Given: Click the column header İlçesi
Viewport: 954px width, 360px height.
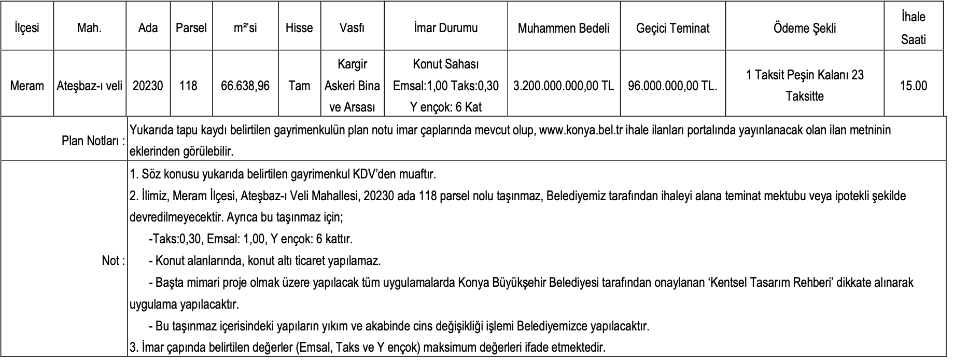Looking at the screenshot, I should [27, 28].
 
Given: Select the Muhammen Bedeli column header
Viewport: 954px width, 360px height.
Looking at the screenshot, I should [564, 28].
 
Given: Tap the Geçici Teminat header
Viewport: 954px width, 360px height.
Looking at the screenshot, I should [672, 28].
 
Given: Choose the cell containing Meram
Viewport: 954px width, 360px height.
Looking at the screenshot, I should [27, 86].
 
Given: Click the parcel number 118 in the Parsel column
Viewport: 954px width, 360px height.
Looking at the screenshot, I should [188, 86].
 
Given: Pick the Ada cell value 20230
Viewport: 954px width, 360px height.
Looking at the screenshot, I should [148, 86].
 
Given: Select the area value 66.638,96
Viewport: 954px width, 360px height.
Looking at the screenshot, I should [245, 86].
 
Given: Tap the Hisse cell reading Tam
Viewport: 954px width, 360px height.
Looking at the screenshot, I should [299, 86].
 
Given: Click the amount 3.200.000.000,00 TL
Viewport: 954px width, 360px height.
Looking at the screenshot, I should [564, 86].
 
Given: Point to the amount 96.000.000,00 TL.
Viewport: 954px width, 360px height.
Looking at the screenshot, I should [672, 86].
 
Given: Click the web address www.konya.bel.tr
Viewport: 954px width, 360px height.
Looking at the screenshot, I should [581, 130].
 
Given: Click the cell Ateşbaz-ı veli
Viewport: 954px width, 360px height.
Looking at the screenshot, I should [89, 86].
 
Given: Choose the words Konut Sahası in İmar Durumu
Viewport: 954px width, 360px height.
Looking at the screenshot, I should [445, 64].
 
